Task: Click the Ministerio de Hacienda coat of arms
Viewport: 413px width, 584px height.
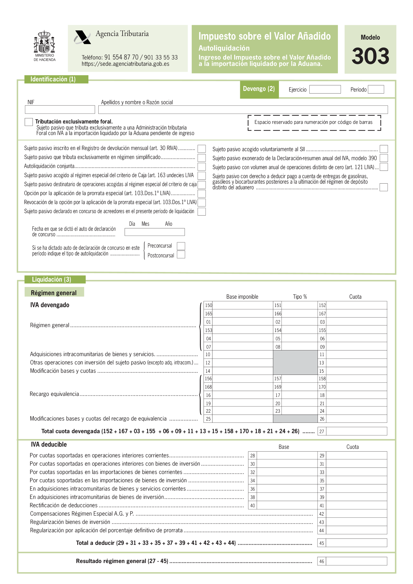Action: [45, 42]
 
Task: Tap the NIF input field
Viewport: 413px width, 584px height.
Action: [60, 110]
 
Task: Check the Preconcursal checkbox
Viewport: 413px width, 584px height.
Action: [181, 246]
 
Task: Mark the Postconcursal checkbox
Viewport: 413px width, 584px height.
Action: [181, 255]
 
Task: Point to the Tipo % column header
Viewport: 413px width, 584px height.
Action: [300, 297]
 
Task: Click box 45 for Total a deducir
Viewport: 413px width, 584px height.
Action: [356, 543]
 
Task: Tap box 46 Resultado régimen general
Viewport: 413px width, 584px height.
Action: [356, 561]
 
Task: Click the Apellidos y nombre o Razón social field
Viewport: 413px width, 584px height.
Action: [243, 110]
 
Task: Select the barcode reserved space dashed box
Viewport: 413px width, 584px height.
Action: [314, 123]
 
